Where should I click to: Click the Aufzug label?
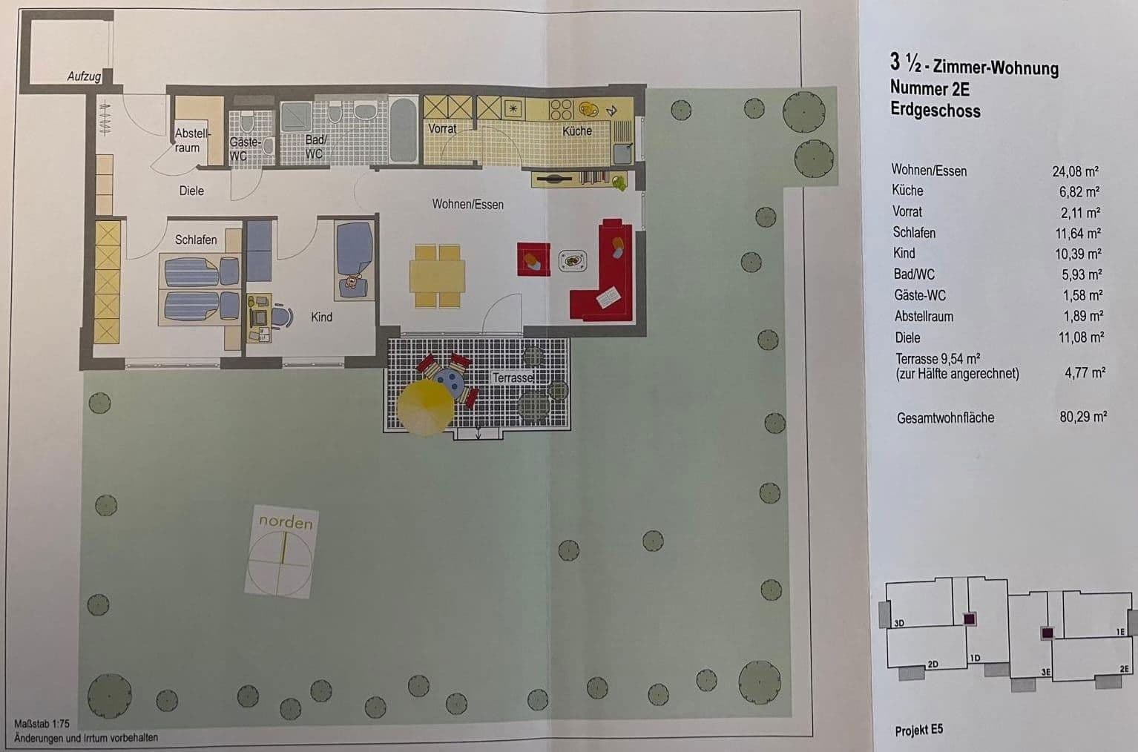pyautogui.click(x=84, y=76)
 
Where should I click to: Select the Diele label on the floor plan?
pyautogui.click(x=191, y=191)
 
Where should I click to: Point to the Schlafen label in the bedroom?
pyautogui.click(x=196, y=240)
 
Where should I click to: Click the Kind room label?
pyautogui.click(x=321, y=317)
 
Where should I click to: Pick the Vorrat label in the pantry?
pyautogui.click(x=442, y=128)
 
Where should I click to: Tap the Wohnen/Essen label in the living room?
pyautogui.click(x=467, y=204)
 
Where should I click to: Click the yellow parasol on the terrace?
pyautogui.click(x=425, y=407)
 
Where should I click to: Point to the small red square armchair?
pyautogui.click(x=533, y=259)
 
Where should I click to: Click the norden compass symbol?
pyautogui.click(x=282, y=553)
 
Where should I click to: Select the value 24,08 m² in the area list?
pyautogui.click(x=1075, y=171)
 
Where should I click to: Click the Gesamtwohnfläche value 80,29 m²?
pyautogui.click(x=1082, y=417)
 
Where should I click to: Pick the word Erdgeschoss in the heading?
pyautogui.click(x=935, y=111)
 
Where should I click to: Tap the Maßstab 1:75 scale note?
pyautogui.click(x=42, y=724)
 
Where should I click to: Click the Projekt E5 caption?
pyautogui.click(x=918, y=730)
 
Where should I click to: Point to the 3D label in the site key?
pyautogui.click(x=899, y=623)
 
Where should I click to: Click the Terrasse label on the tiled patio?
pyautogui.click(x=513, y=377)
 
